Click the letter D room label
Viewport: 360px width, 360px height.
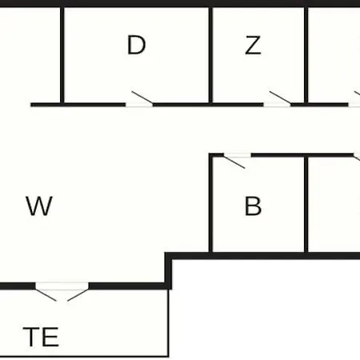pyautogui.click(x=136, y=45)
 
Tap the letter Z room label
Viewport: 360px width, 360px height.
pyautogui.click(x=253, y=46)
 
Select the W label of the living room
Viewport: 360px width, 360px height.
pyautogui.click(x=39, y=206)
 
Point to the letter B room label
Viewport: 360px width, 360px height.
pyautogui.click(x=253, y=206)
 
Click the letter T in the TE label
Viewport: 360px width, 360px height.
pyautogui.click(x=31, y=337)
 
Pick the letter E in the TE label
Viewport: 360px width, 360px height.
pyautogui.click(x=51, y=337)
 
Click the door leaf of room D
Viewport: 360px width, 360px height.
pyautogui.click(x=142, y=98)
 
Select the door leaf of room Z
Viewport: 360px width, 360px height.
pyautogui.click(x=280, y=98)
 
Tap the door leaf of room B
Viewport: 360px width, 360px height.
pyautogui.click(x=234, y=162)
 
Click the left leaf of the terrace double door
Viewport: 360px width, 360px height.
pyautogui.click(x=46, y=294)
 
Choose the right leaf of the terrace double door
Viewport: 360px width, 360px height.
pyautogui.click(x=78, y=294)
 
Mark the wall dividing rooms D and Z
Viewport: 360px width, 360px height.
pyautogui.click(x=210, y=55)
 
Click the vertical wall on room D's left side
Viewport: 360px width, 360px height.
pyautogui.click(x=62, y=55)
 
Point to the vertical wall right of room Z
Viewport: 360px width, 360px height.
pyautogui.click(x=306, y=55)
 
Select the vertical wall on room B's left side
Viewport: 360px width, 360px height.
pyautogui.click(x=210, y=204)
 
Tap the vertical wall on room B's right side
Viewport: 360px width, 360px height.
pyautogui.click(x=306, y=204)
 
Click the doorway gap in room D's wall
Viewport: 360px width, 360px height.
pyautogui.click(x=139, y=105)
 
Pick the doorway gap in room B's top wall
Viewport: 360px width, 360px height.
pyautogui.click(x=238, y=155)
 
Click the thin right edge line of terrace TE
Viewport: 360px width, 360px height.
pyautogui.click(x=168, y=322)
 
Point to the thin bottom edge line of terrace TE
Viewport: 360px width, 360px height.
pyautogui.click(x=84, y=356)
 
